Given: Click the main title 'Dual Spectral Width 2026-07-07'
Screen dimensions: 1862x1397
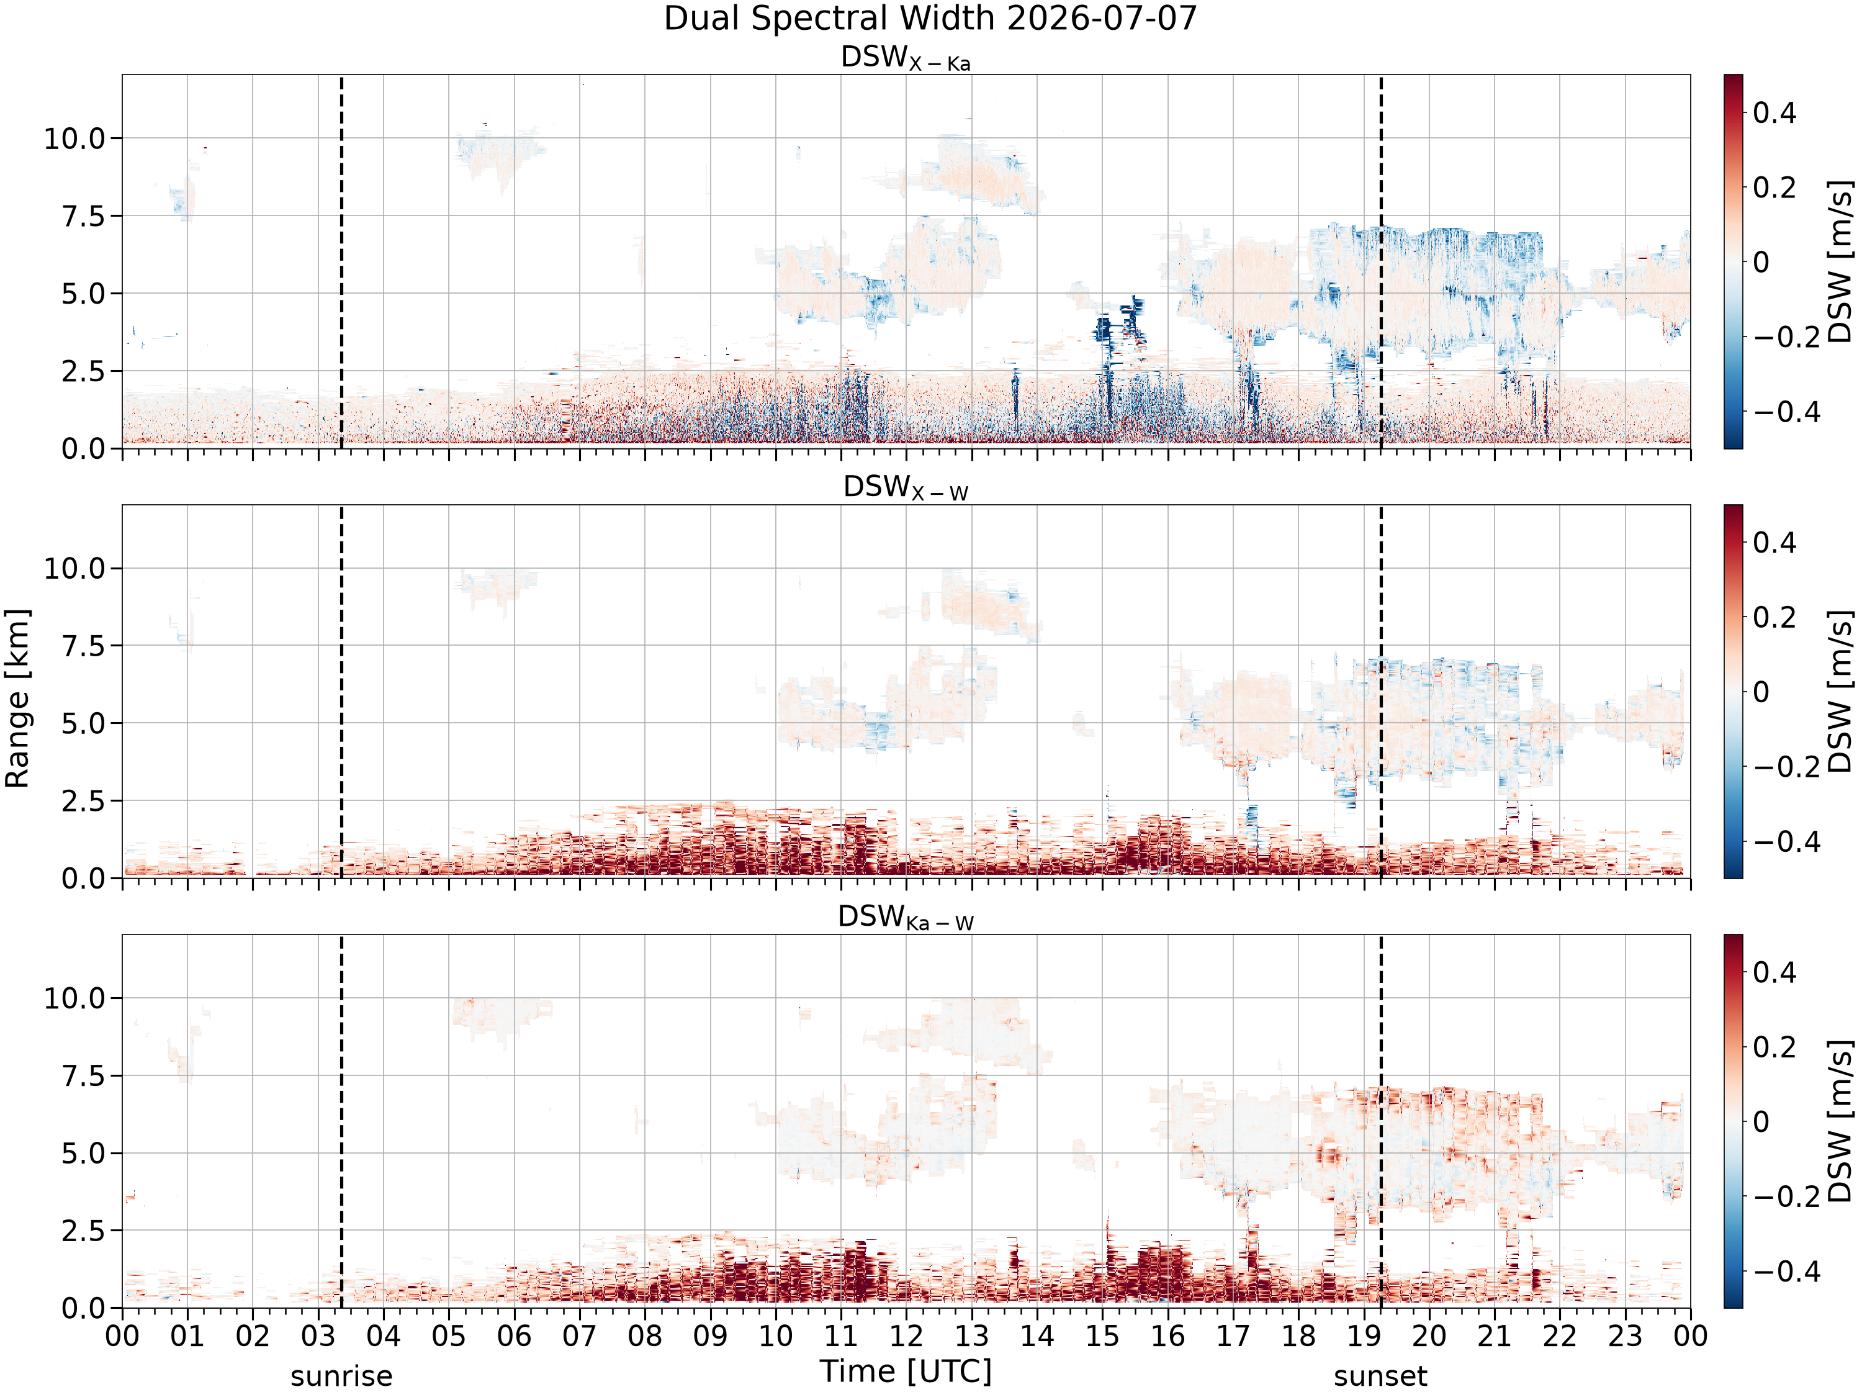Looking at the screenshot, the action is click(x=930, y=19).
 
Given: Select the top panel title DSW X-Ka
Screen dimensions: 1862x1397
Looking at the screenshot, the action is click(x=906, y=58).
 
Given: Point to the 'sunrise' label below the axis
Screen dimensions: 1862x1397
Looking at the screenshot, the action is click(x=341, y=1376).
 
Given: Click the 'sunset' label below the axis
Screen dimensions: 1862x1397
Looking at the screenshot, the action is click(x=1380, y=1376).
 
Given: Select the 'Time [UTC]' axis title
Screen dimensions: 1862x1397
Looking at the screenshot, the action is click(x=906, y=1372).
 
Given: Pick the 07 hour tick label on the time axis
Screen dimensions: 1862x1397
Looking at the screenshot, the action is click(x=579, y=1336).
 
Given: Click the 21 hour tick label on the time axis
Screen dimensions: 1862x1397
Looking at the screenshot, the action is click(x=1494, y=1336).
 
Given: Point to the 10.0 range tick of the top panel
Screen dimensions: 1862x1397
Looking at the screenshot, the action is click(x=76, y=138).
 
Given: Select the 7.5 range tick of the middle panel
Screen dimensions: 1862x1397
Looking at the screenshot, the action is click(x=85, y=646).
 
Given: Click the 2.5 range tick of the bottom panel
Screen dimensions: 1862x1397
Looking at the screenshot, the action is click(x=85, y=1230).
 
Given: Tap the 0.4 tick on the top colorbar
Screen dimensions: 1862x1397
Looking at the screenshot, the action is click(x=1774, y=112).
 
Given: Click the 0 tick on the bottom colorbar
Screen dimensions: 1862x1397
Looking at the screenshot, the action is click(x=1761, y=1122).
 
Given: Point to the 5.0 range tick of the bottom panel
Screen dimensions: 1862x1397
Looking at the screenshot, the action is click(x=85, y=1153).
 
